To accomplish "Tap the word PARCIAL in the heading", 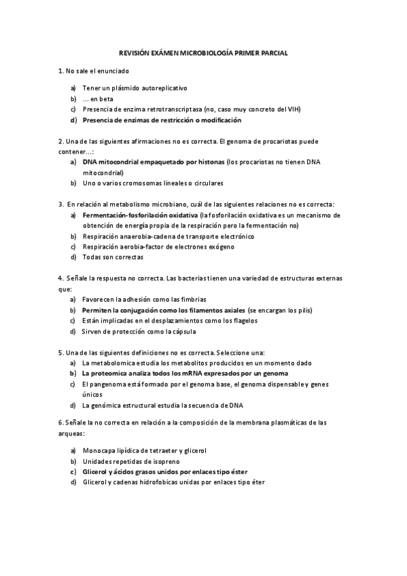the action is [272, 52].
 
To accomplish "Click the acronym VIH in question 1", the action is [294, 109].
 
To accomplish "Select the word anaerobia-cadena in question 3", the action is [147, 236].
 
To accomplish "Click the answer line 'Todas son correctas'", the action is [113, 257].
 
